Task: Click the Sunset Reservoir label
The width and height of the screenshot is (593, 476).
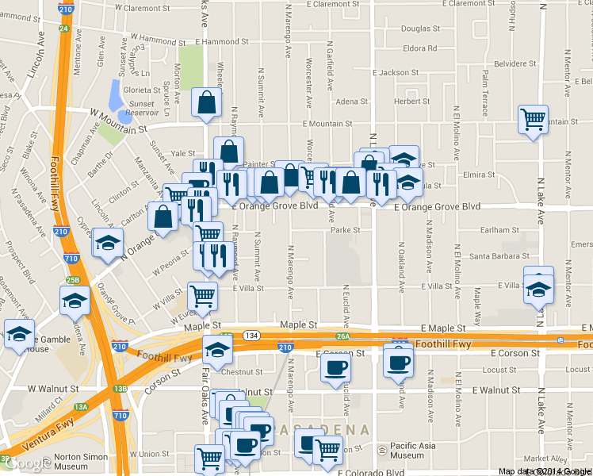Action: [x=142, y=108]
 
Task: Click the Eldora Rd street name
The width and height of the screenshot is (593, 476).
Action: [x=420, y=48]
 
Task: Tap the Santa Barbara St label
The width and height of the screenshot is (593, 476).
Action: [x=495, y=256]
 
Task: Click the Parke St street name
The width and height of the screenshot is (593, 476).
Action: [x=346, y=230]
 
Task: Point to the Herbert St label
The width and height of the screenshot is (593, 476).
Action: [x=412, y=102]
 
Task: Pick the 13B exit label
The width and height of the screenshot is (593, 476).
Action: [x=120, y=389]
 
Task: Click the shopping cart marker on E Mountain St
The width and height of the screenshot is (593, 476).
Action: [x=533, y=119]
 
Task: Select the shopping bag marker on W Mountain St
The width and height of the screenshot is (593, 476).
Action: [x=207, y=102]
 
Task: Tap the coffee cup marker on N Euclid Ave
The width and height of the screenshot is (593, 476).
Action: [x=335, y=368]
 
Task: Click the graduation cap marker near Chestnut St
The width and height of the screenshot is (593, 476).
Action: [x=217, y=348]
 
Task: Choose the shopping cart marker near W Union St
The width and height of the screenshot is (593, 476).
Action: [x=209, y=457]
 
